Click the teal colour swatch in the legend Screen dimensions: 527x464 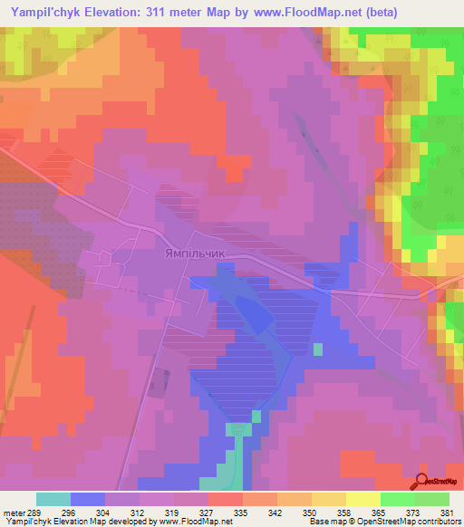pos(53,499)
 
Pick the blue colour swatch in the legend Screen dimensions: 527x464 pos(88,499)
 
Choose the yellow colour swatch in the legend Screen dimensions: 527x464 pos(363,499)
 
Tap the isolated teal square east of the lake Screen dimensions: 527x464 pos(317,349)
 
